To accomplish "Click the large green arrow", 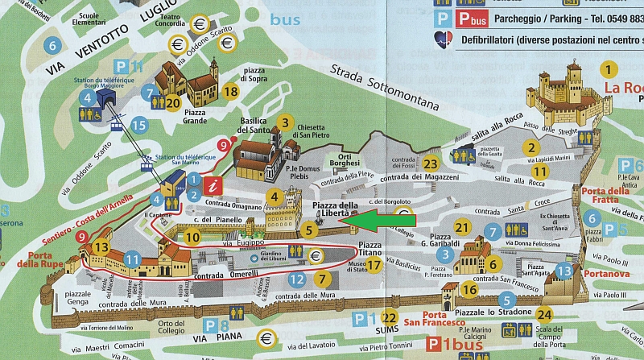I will point(385,218).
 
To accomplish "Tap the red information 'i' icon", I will point(213,188).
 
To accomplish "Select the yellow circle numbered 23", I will point(431,163).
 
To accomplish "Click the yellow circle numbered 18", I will point(230,92).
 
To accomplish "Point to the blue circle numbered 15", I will point(139,125).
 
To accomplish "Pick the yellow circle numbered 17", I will point(373,264).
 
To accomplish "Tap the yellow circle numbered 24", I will point(545,314).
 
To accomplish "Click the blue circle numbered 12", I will point(297,279).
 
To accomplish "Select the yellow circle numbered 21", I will point(462,228).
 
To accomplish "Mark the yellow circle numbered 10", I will point(192,237).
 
